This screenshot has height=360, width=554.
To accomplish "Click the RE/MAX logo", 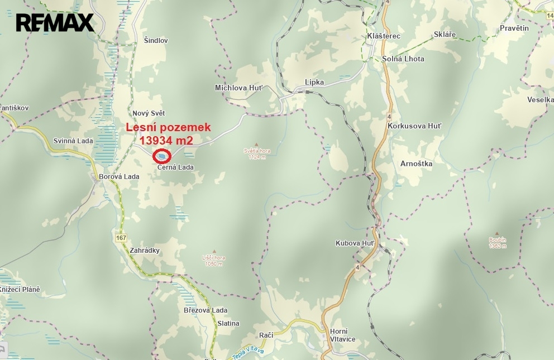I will point(54,23).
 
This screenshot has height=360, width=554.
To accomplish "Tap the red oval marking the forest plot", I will point(162,156).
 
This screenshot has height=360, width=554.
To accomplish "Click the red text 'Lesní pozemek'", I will point(168,128).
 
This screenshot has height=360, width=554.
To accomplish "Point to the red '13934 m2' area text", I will point(170,140).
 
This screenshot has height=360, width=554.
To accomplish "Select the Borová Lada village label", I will point(118,177).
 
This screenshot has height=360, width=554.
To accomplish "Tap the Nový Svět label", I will point(149,113).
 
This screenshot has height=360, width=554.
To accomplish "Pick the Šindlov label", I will point(156,41).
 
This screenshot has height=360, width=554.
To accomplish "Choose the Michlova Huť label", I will point(238,88).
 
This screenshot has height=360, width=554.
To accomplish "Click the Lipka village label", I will point(314,82).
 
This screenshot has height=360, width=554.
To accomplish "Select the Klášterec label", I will point(384,36).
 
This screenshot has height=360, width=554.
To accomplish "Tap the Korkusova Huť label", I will point(414,126).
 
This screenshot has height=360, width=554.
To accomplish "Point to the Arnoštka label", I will point(417,164).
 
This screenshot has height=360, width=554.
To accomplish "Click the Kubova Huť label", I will point(355,243).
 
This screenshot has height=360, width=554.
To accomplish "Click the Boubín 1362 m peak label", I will point(497,242).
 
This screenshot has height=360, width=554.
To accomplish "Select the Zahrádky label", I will point(144,251).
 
